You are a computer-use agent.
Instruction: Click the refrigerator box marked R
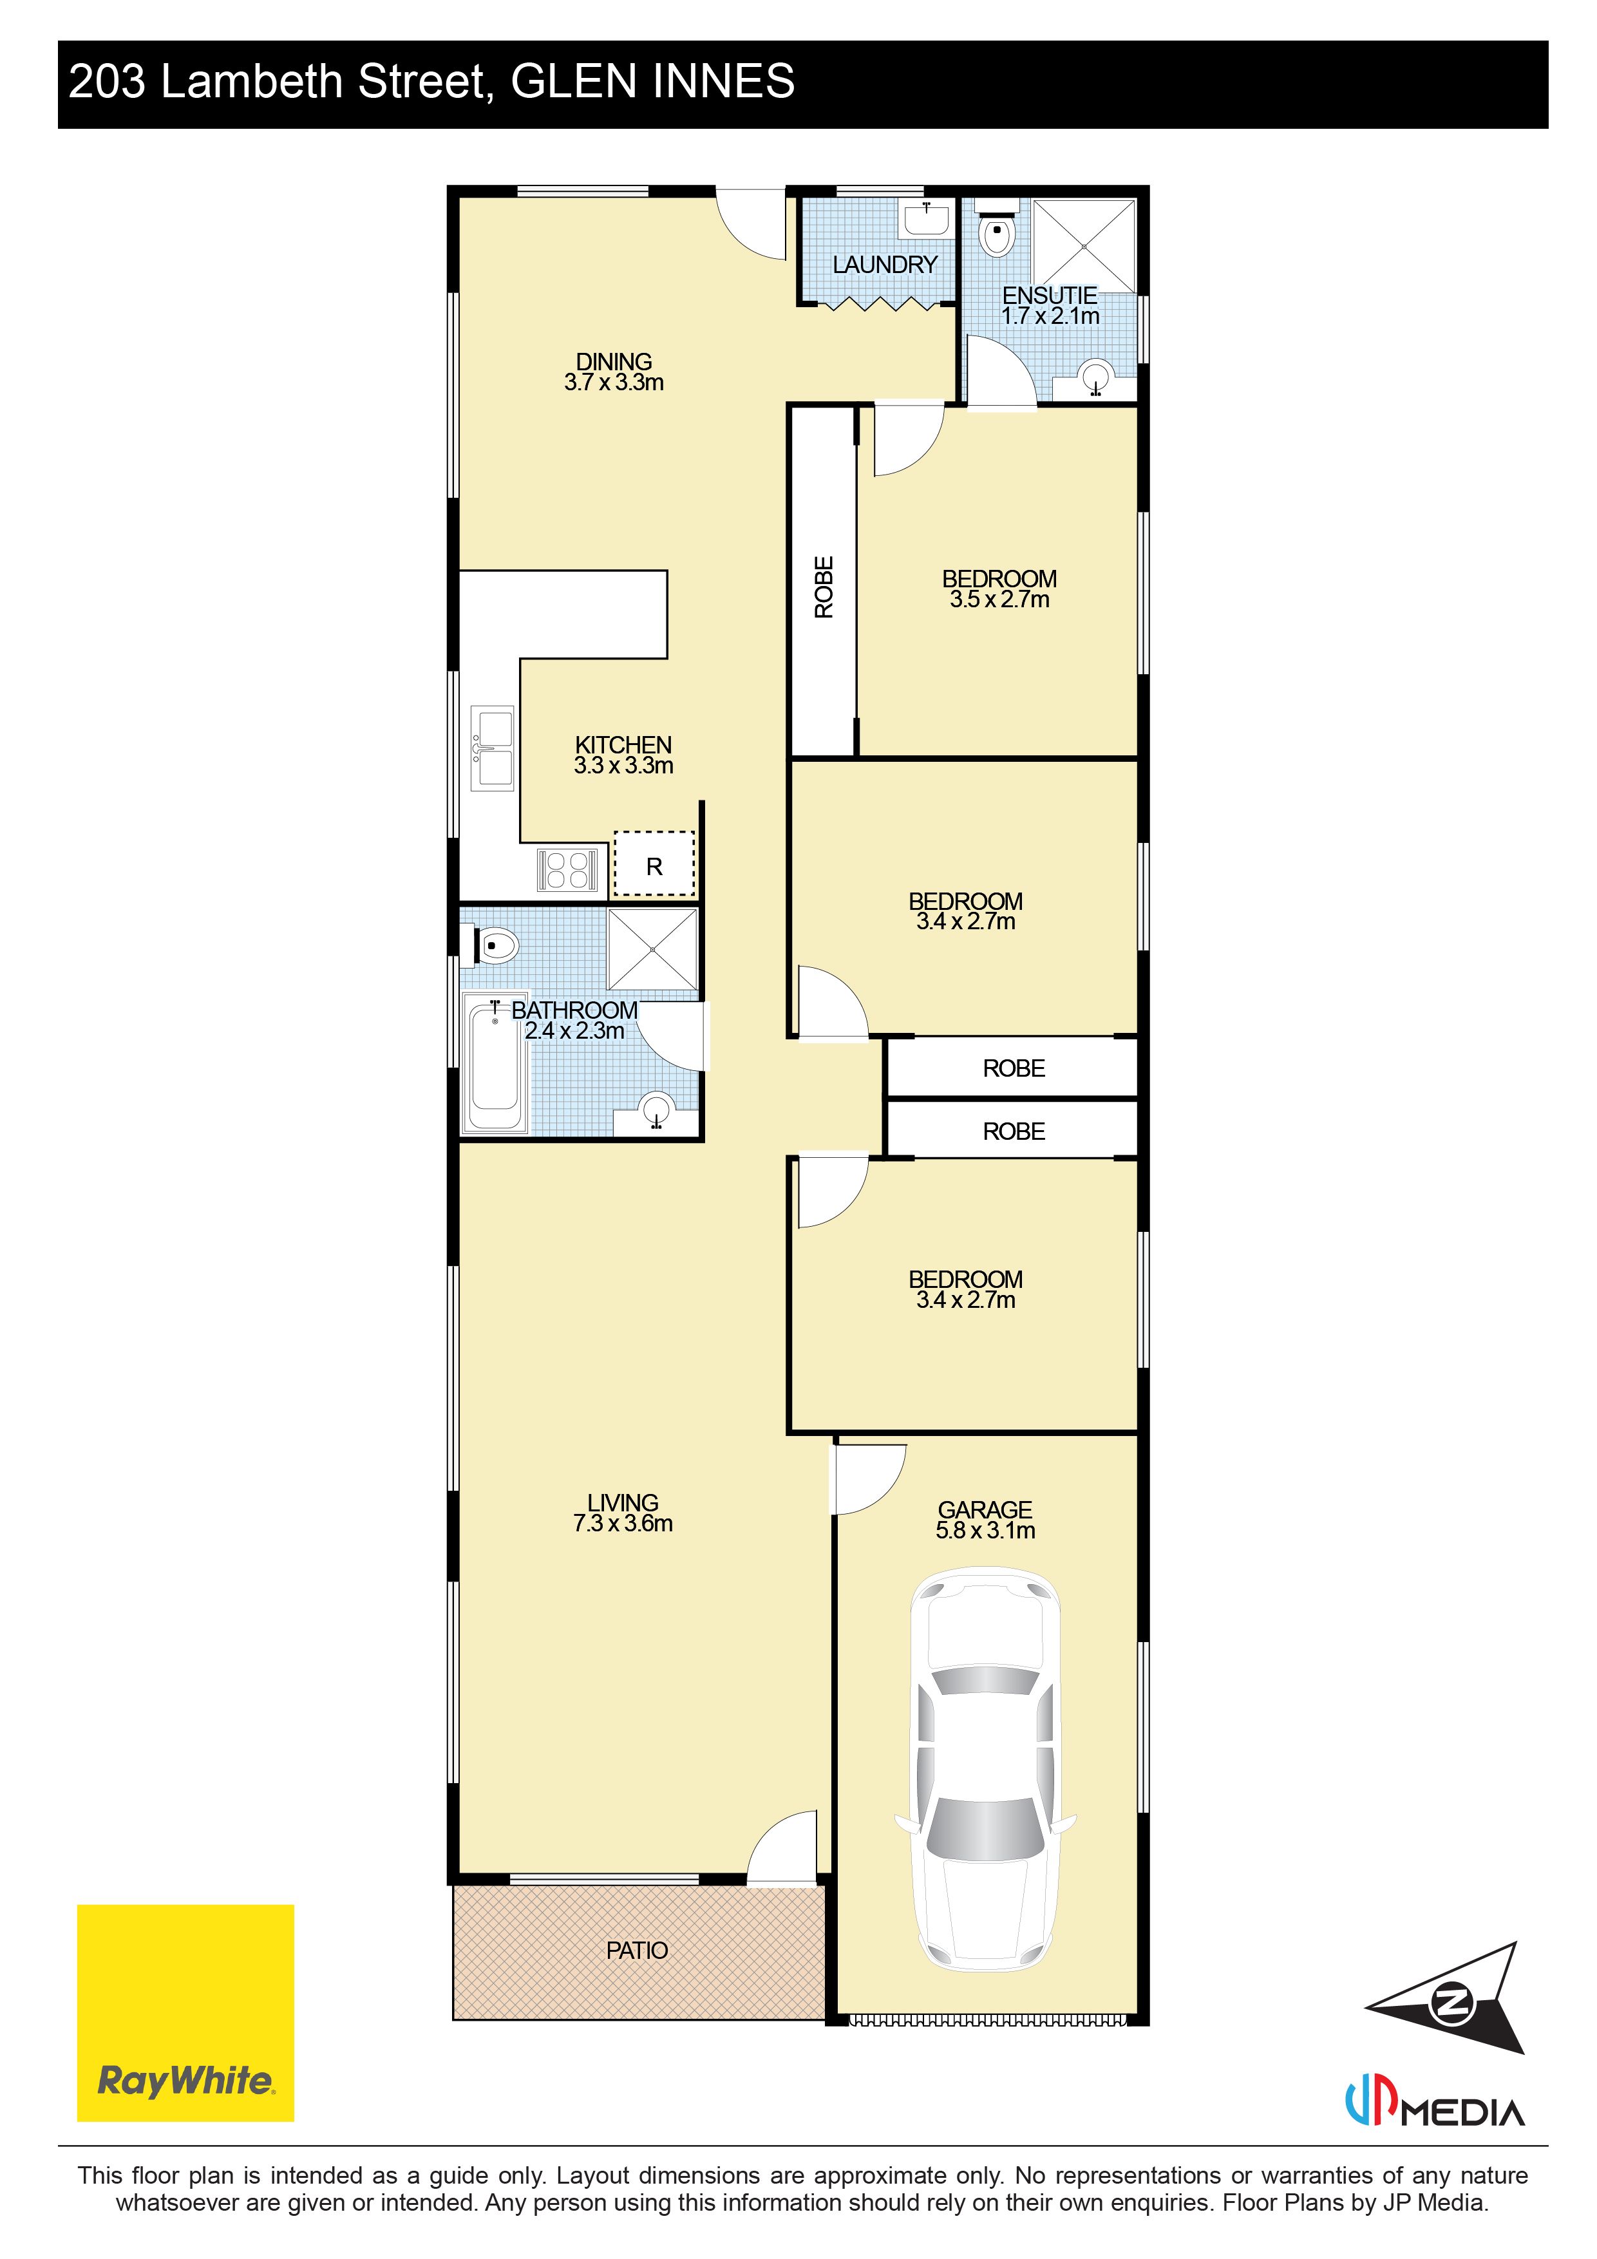point(654,864)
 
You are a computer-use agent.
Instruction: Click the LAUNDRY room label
point(885,265)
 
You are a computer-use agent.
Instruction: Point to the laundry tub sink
point(927,218)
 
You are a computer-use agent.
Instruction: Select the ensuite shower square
point(1083,245)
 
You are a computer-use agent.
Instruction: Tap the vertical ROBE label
point(824,587)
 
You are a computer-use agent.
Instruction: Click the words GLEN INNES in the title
point(652,82)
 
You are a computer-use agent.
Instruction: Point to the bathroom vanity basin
point(656,1111)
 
